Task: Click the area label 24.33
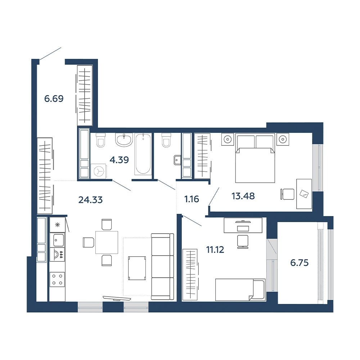pos(90,200)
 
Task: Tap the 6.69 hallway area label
pos(54,99)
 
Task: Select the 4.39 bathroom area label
pos(119,160)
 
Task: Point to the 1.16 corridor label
pos(192,199)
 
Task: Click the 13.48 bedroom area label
pos(243,196)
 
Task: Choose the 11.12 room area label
pos(215,249)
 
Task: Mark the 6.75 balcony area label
pos(300,262)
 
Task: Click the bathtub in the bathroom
pos(143,153)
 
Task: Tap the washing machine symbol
pos(99,171)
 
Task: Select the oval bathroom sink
pos(124,140)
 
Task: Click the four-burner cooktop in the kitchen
pos(57,279)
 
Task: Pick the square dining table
pos(107,242)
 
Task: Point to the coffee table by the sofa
pos(137,268)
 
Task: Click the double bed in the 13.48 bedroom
pos(255,158)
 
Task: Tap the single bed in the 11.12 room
pos(240,290)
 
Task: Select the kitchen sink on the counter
pos(57,240)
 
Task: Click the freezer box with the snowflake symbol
pos(57,225)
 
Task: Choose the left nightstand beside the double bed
pos(228,139)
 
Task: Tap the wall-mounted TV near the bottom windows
pos(117,298)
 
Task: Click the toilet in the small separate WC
pos(166,140)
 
